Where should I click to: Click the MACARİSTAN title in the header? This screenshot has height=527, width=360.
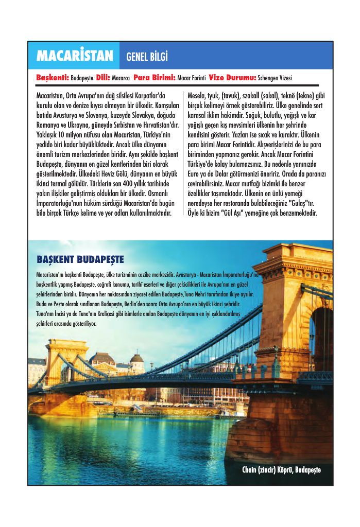pyautogui.click(x=74, y=56)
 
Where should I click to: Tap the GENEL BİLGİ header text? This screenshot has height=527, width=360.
pyautogui.click(x=147, y=56)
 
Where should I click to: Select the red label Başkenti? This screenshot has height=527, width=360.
pyautogui.click(x=53, y=78)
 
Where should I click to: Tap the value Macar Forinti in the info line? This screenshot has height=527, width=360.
pyautogui.click(x=192, y=78)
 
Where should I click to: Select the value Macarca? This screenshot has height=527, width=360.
pyautogui.click(x=121, y=78)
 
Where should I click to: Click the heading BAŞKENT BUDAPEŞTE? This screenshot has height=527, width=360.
pyautogui.click(x=80, y=259)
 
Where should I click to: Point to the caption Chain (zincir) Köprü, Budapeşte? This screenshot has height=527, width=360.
pyautogui.click(x=281, y=470)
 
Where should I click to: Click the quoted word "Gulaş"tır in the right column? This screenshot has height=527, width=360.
pyautogui.click(x=304, y=202)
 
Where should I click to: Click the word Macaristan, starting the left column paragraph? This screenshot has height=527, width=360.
pyautogui.click(x=50, y=96)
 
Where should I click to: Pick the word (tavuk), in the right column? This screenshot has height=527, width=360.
pyautogui.click(x=234, y=96)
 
